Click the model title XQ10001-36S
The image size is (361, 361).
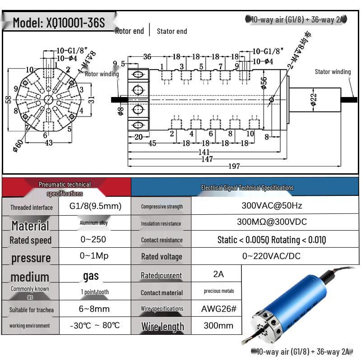tap(59, 23)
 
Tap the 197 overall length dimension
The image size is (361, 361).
tap(234, 167)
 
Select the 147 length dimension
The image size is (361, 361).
tap(207, 159)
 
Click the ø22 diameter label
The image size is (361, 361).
tap(313, 99)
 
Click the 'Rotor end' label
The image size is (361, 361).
tap(130, 31)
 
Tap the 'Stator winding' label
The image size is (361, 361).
tap(333, 72)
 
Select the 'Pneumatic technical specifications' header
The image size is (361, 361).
tap(65, 189)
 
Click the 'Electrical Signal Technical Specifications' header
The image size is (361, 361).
tap(247, 188)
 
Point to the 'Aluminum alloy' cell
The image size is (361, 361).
tap(94, 223)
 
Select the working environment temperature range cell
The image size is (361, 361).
tap(95, 325)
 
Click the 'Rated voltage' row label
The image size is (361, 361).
tap(162, 257)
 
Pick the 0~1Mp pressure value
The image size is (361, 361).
tap(94, 256)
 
